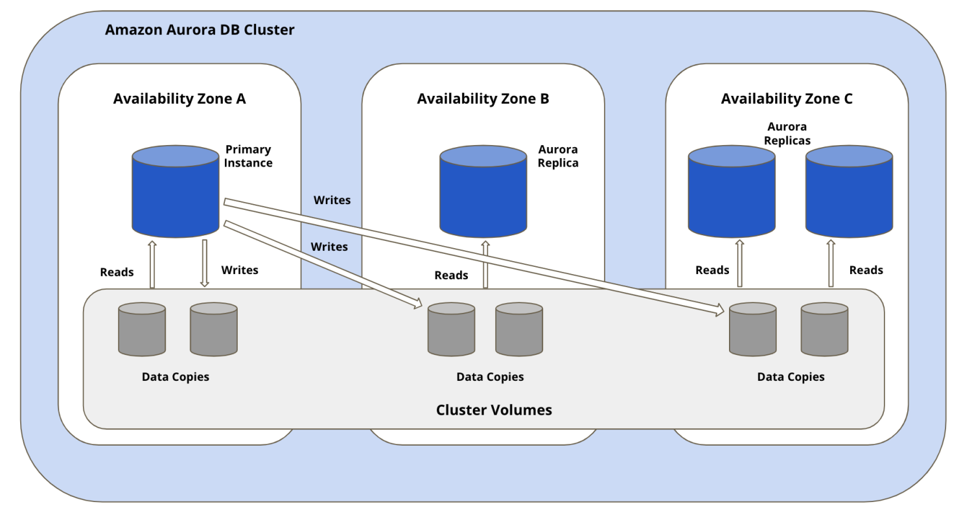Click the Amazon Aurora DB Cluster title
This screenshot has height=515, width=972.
point(200,30)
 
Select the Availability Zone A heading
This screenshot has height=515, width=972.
point(179,99)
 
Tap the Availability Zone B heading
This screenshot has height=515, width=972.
point(483,99)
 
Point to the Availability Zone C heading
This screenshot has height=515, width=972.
point(787,99)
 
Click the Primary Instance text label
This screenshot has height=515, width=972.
point(248,156)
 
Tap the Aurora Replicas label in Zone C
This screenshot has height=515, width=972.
point(787,133)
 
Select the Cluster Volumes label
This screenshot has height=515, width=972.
point(494,410)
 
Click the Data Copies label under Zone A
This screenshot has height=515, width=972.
point(176,376)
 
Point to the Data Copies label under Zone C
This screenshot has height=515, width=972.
point(791,376)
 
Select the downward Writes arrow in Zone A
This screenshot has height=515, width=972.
point(204,263)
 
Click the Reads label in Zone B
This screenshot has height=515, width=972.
point(451,275)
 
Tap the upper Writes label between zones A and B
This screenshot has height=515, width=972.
point(332,200)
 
